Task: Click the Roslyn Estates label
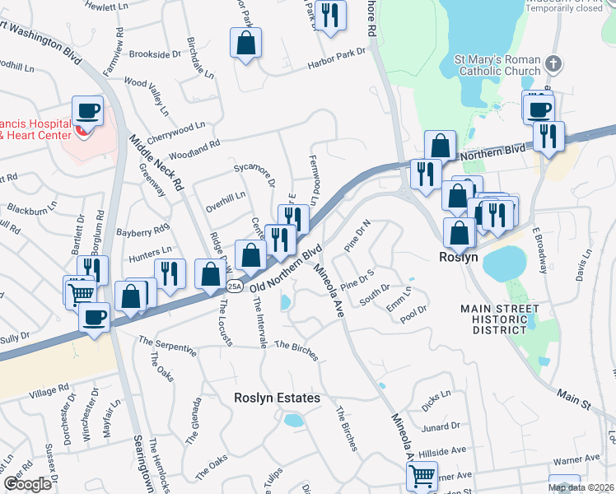[x=277, y=398]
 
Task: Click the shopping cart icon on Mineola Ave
[x=422, y=475]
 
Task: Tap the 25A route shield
[x=234, y=286]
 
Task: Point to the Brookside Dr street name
[x=154, y=54]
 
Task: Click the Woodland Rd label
[x=195, y=149]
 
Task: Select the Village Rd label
[x=52, y=389]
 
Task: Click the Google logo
[x=27, y=484]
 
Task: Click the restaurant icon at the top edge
[x=330, y=16]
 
